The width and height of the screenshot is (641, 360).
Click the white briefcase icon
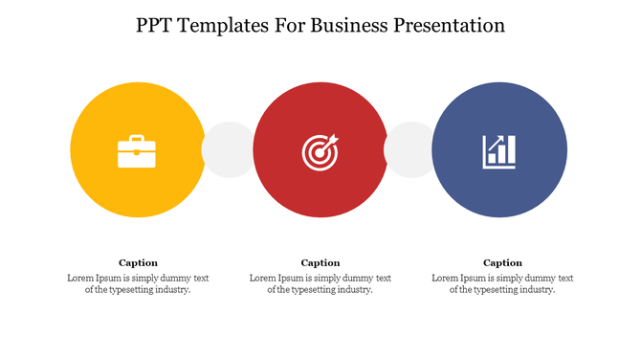click(137, 151)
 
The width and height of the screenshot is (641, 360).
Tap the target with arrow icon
click(320, 151)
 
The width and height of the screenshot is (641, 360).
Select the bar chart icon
click(498, 151)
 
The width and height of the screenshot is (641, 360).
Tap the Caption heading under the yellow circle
click(138, 262)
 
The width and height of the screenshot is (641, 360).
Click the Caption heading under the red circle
click(320, 262)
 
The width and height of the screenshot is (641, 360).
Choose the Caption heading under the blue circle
click(502, 262)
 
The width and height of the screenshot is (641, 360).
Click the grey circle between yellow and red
click(229, 149)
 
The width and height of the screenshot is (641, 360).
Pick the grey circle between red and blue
click(409, 149)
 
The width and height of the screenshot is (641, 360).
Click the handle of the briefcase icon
click(137, 139)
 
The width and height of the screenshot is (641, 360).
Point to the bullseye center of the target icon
click(319, 153)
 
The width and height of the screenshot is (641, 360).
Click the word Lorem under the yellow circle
click(81, 278)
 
